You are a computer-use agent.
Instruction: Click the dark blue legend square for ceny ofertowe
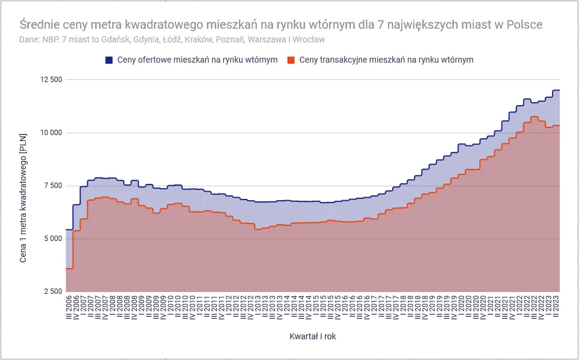[109, 60]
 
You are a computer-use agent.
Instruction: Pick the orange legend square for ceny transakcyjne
[291, 60]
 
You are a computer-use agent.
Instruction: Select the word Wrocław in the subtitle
[310, 40]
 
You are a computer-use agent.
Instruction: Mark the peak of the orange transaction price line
[534, 117]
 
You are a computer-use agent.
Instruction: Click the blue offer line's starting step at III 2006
[69, 230]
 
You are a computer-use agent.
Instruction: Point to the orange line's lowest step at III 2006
[69, 269]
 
